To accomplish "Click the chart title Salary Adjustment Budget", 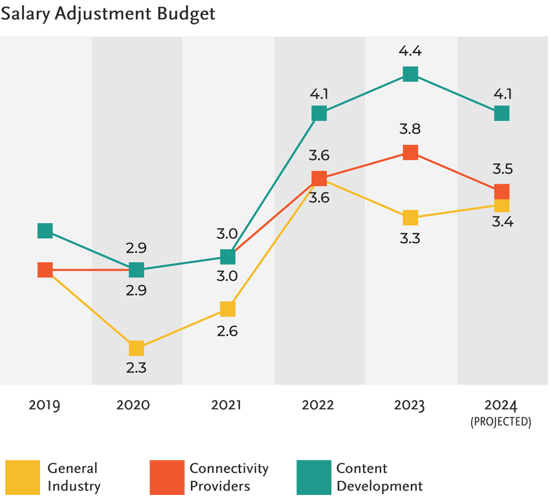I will coord(107,14).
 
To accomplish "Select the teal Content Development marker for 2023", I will coord(410,74).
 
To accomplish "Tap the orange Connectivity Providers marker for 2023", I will coord(410,152).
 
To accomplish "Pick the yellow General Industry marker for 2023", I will coord(410,217).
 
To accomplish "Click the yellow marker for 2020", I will coord(136,348).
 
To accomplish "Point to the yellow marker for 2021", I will coord(227,309).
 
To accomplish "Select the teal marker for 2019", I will coord(45,230).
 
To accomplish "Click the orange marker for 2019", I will coord(45,270).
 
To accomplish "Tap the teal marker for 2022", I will coord(319,113).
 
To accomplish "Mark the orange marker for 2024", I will coord(502,191).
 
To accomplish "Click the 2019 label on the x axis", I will coord(45,406).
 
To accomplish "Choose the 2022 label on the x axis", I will coord(318,406).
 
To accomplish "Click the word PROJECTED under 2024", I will coord(502,422).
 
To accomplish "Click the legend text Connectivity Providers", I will coord(228,477).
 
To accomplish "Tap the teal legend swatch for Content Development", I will coord(313,477).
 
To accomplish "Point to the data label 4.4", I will coord(410,51).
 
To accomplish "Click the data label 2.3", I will coord(136,369).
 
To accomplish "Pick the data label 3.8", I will coord(410,129).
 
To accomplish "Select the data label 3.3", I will coord(410,239).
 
